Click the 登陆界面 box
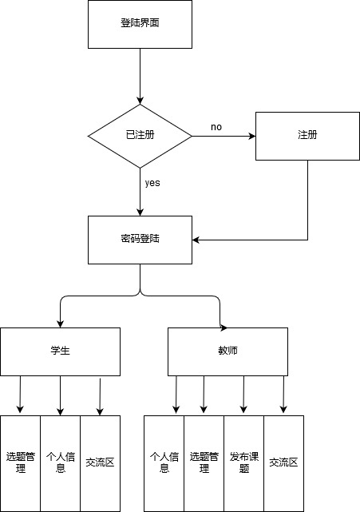(140, 24)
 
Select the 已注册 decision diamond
(140, 136)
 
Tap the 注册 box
(307, 136)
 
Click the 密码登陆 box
(140, 240)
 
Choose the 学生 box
(61, 351)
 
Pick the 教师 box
(227, 351)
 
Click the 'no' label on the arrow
(216, 127)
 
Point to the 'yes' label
(152, 183)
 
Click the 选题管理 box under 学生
(20, 463)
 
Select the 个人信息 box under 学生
(61, 463)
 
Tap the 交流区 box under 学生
(101, 463)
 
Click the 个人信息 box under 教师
(164, 463)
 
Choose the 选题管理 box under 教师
(204, 463)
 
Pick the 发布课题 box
(243, 463)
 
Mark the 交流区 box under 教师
(283, 463)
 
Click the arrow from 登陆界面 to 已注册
(140, 77)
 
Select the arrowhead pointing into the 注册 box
(252, 136)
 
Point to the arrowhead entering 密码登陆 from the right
(196, 240)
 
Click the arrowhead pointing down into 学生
(61, 324)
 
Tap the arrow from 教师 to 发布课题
(243, 395)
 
